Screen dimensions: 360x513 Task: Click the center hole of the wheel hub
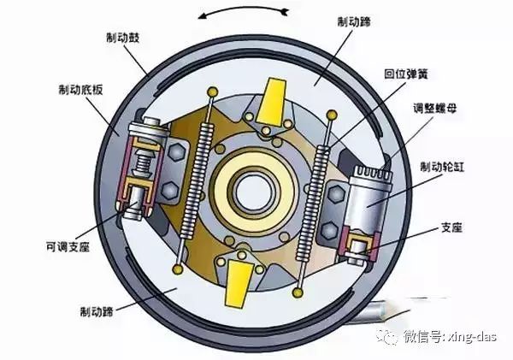[x=254, y=184]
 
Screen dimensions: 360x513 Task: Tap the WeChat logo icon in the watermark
[x=389, y=336]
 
